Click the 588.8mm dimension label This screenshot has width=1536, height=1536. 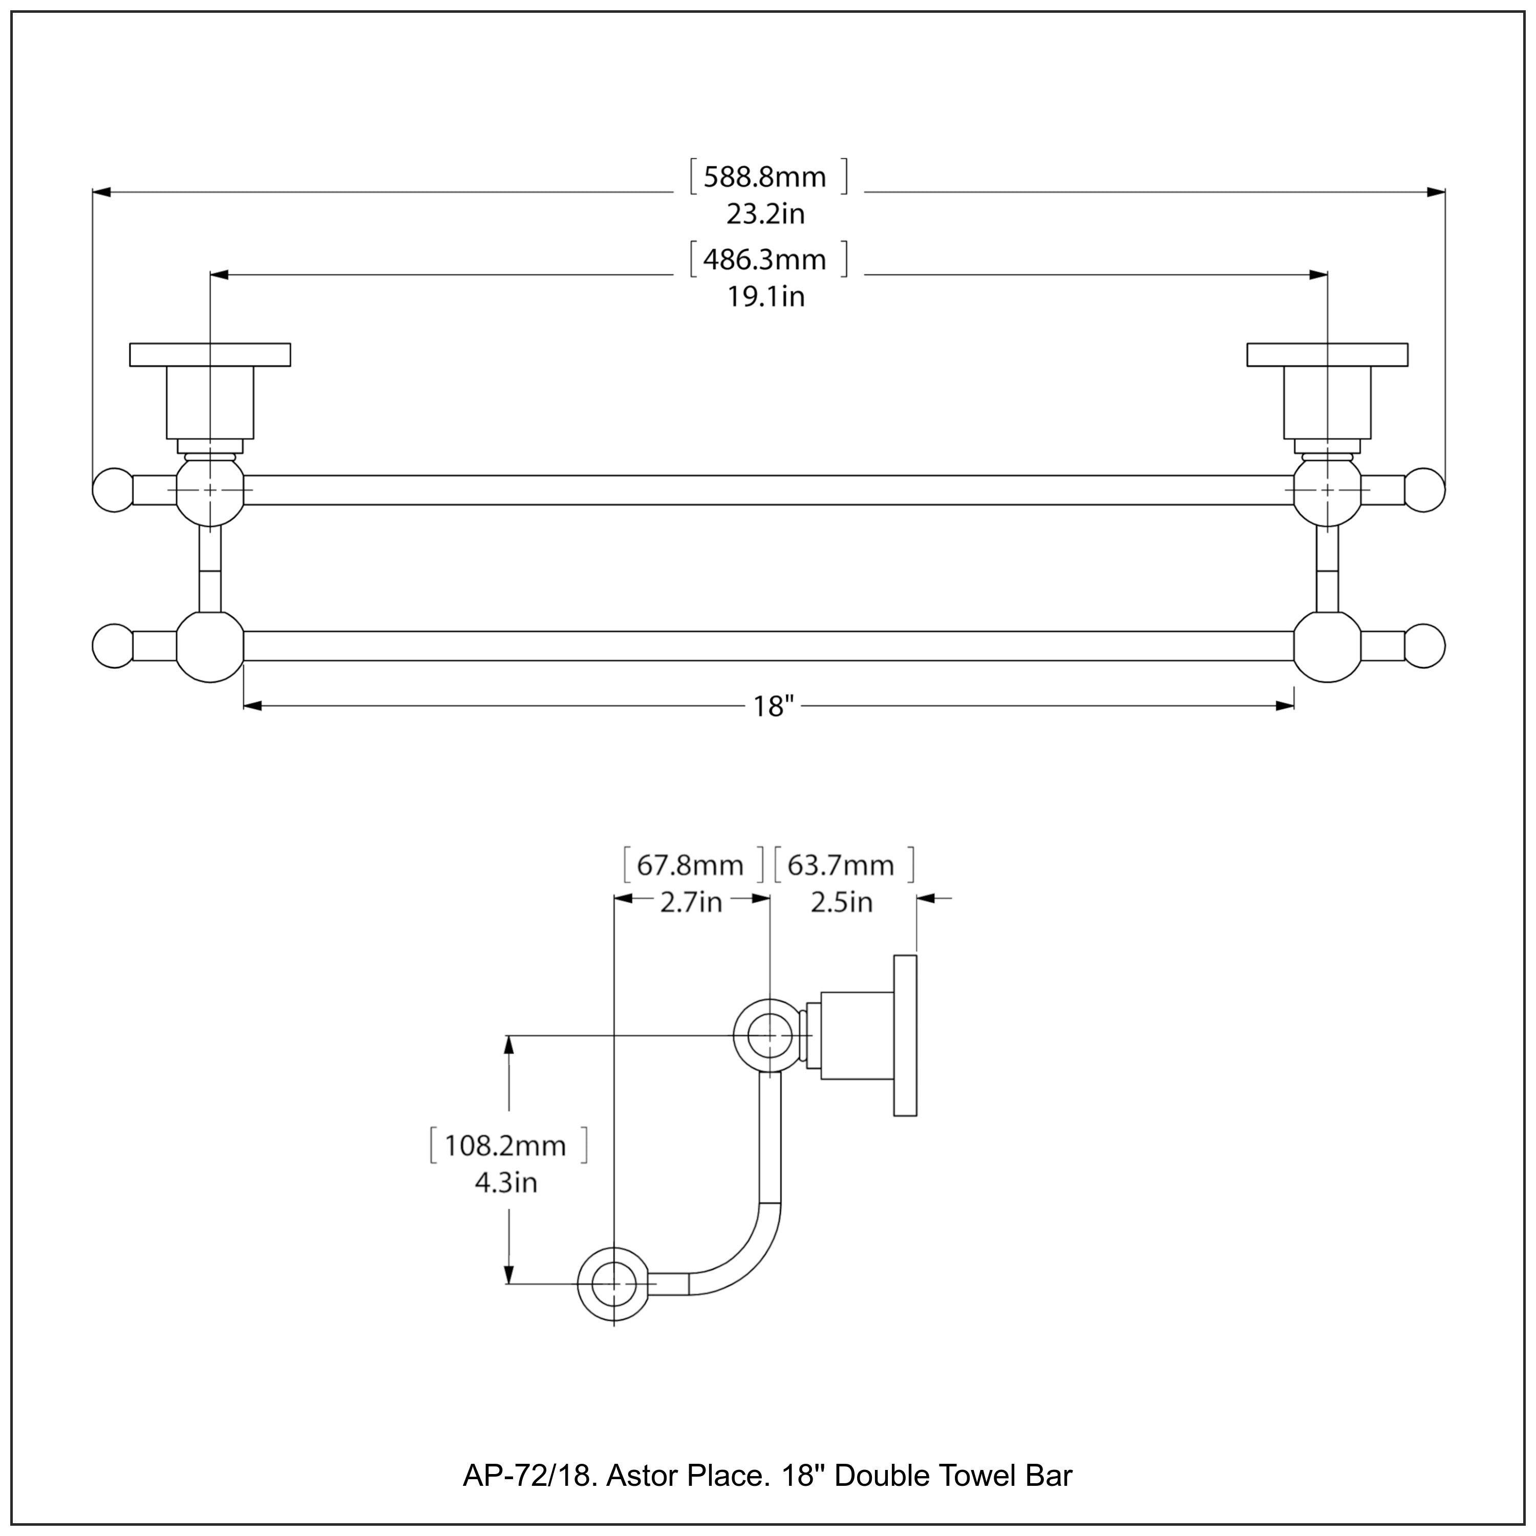point(765,177)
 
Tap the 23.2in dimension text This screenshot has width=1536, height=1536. point(765,214)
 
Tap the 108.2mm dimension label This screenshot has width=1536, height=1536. point(506,1146)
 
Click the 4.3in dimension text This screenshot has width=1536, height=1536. point(506,1183)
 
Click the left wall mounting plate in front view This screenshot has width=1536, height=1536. point(210,355)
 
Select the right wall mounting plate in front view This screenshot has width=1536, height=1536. point(1327,355)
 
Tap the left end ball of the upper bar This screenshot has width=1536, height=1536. point(113,490)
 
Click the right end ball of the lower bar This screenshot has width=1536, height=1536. point(1425,646)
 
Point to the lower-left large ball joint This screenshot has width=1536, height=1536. point(210,646)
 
